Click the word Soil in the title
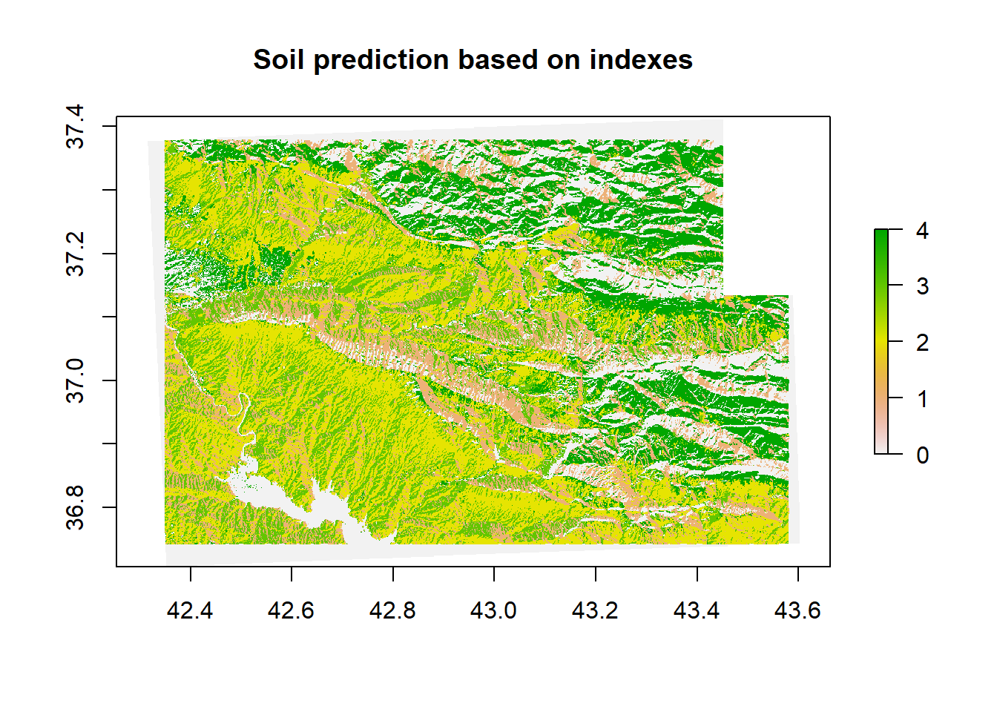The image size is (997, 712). tap(279, 59)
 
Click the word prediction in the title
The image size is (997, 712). tap(381, 61)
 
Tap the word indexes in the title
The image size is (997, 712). tap(641, 59)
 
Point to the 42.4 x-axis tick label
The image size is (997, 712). tap(190, 610)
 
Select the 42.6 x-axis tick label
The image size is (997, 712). tap(291, 610)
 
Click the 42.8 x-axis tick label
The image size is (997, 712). tap(392, 610)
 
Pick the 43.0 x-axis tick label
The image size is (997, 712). tap(493, 610)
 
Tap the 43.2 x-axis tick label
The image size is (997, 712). tap(595, 610)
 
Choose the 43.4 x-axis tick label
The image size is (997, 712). tap(697, 610)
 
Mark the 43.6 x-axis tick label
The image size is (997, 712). tap(797, 610)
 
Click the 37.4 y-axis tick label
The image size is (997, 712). tap(75, 126)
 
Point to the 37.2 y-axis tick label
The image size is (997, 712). tap(75, 254)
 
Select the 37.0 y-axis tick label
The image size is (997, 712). tap(75, 381)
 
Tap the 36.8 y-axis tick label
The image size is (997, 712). tap(75, 508)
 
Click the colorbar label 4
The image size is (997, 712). tap(922, 231)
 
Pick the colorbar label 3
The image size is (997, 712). tap(922, 286)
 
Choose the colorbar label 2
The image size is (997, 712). tap(922, 343)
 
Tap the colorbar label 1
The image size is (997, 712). tap(922, 399)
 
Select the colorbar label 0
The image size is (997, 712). tap(922, 455)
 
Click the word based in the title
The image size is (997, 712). tap(498, 59)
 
